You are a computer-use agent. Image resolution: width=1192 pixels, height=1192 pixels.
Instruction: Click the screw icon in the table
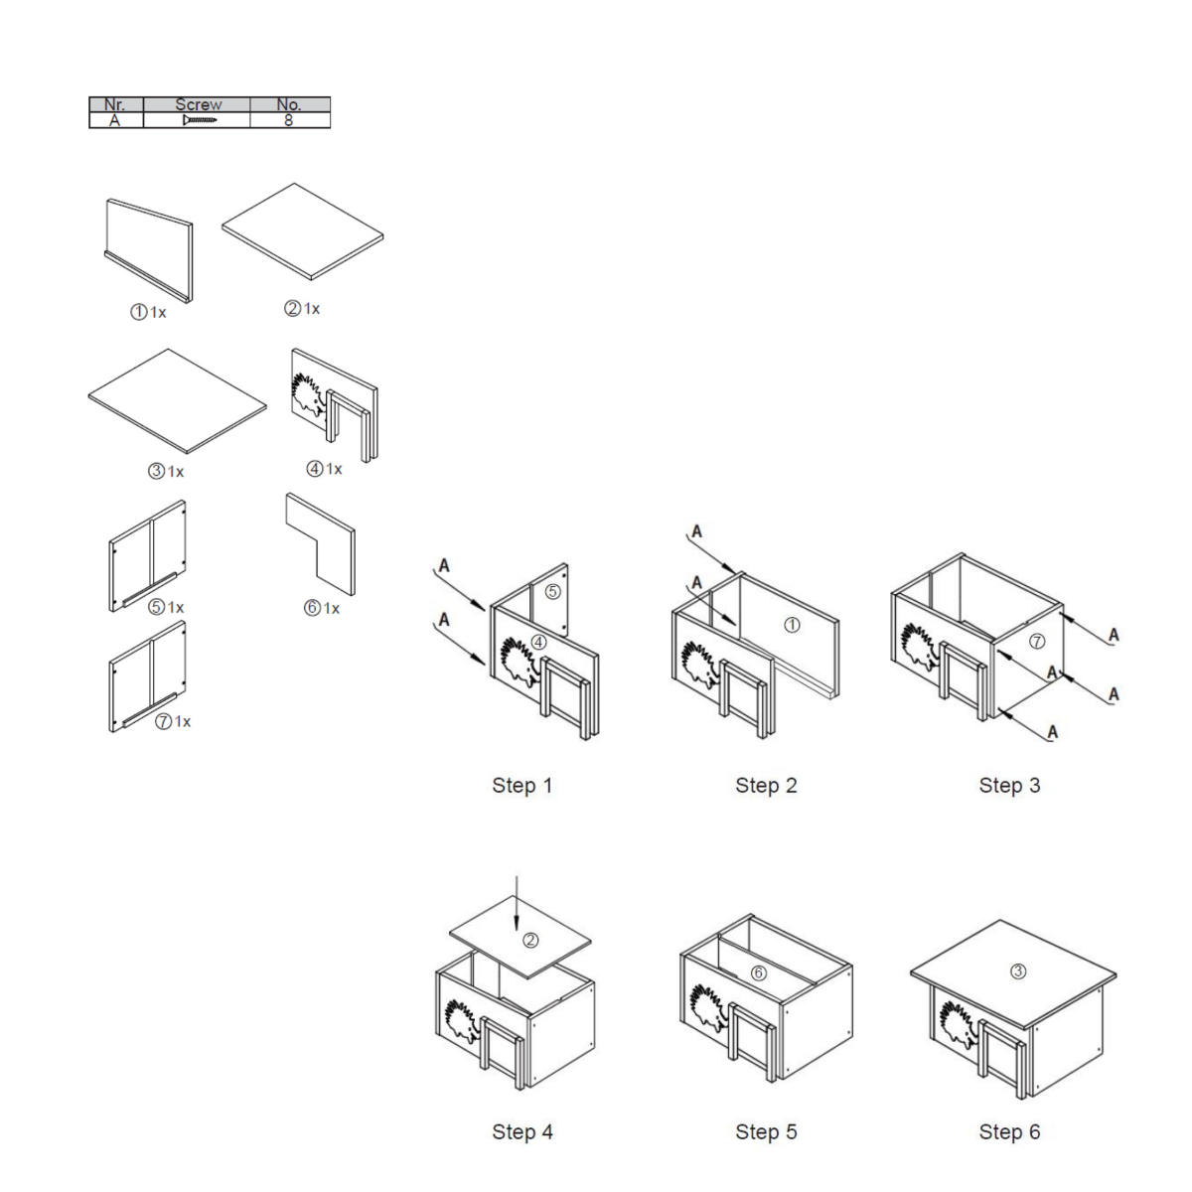coord(200,120)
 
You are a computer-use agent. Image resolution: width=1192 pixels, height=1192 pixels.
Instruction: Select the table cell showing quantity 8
coord(289,120)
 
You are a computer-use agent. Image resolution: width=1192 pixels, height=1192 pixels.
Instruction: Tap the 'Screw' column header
coord(198,104)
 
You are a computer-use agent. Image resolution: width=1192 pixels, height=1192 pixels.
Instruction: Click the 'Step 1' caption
coord(521,785)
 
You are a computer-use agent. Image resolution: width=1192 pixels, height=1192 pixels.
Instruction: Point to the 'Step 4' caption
coord(522,1131)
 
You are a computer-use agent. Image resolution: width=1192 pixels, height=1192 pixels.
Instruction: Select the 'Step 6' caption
coord(1009,1131)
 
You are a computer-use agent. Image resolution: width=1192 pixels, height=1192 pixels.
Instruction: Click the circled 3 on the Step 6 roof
coord(1017,971)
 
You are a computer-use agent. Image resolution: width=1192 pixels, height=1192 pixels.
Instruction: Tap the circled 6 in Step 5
coord(758,973)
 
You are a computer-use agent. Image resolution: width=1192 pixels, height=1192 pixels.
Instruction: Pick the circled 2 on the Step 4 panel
coord(530,941)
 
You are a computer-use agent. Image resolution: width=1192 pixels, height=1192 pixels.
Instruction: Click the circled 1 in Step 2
coord(792,625)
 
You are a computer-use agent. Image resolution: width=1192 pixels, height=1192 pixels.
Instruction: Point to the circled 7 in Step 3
coord(1037,641)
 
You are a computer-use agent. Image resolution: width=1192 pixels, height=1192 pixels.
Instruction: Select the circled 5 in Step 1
coord(552,591)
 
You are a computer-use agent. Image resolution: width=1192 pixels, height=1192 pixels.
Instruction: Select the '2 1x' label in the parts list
coord(302,308)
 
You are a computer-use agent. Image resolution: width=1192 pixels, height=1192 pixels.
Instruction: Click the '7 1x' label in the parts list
coord(173,721)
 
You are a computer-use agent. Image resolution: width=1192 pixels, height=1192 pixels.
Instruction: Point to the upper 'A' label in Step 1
coord(443,565)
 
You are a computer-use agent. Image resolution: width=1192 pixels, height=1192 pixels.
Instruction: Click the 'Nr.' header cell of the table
coord(115,104)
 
